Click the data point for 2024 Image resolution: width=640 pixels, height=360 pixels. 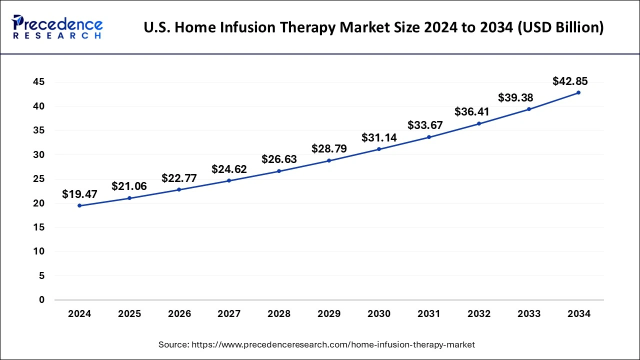point(79,205)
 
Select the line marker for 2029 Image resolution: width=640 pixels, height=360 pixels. point(329,160)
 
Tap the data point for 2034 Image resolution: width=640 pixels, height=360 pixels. point(578,92)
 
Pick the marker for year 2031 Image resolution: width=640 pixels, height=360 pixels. point(429,137)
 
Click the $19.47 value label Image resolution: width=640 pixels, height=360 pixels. point(79,194)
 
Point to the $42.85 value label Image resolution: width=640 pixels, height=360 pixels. point(570,81)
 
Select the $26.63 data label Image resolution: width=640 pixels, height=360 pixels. point(279,159)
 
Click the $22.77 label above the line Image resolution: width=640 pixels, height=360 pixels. point(179,178)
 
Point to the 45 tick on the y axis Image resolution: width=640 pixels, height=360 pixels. point(39,82)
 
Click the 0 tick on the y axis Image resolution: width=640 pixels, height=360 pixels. point(42,300)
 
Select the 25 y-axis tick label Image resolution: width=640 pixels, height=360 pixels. point(39,179)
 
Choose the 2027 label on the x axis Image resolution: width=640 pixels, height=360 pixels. point(229,314)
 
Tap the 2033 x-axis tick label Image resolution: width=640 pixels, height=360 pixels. point(529,314)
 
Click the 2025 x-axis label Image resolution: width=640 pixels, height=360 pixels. point(129,314)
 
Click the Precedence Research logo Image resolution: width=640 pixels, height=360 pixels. point(57,27)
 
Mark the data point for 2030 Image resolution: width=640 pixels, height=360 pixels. point(379,149)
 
